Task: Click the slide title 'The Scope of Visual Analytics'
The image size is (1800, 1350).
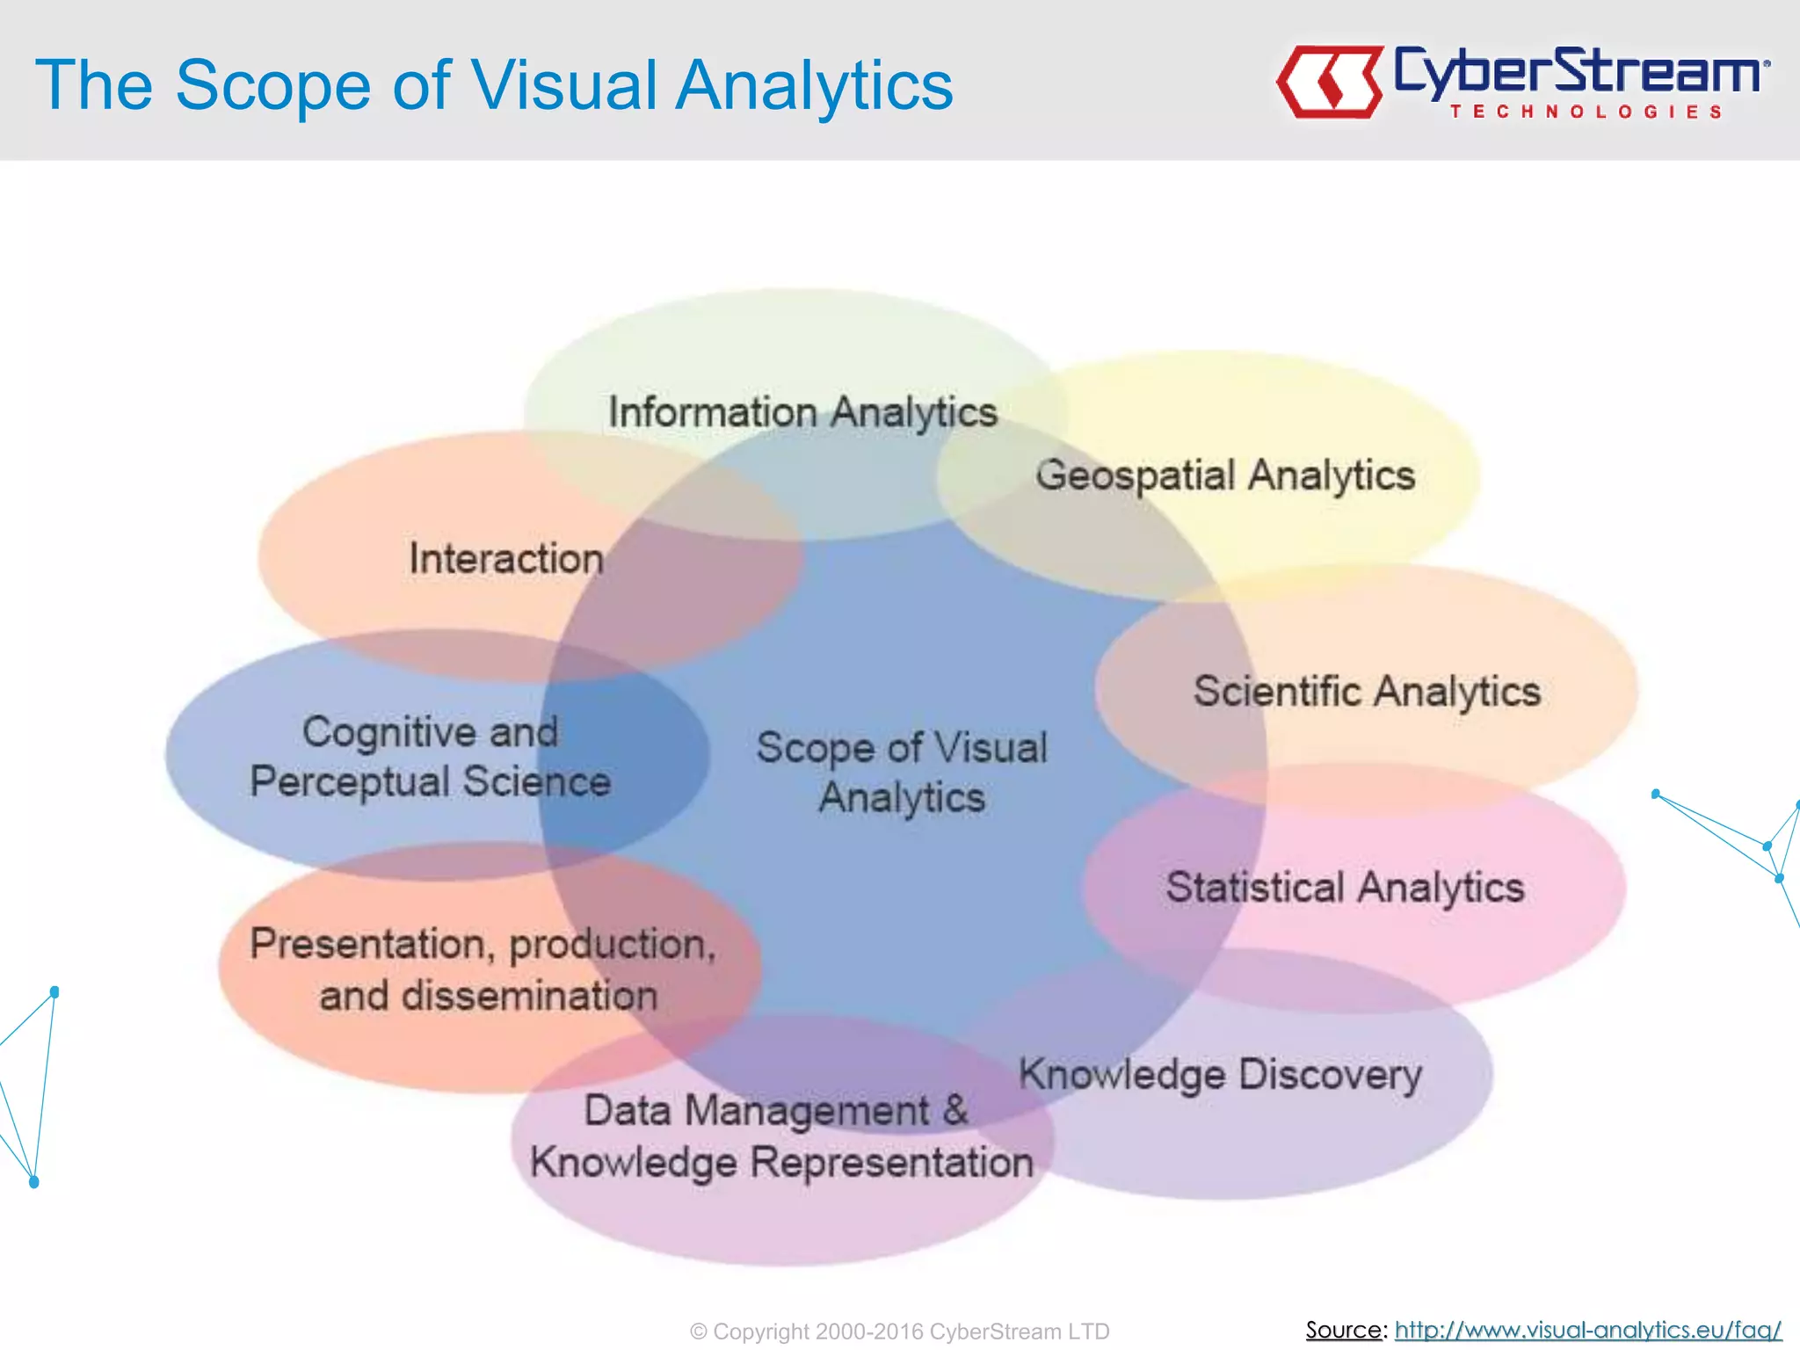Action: (x=494, y=85)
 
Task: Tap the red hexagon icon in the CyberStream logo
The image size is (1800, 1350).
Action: (x=1330, y=82)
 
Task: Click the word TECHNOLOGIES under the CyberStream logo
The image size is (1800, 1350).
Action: (x=1586, y=112)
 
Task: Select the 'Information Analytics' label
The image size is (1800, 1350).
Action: (x=802, y=411)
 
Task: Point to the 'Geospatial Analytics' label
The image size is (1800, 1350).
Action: (x=1225, y=475)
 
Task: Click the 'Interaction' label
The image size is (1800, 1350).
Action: (x=506, y=559)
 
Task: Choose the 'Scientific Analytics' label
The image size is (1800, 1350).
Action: (x=1367, y=691)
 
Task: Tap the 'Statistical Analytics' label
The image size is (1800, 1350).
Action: (x=1345, y=887)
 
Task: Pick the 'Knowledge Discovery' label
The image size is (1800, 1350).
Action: (x=1220, y=1074)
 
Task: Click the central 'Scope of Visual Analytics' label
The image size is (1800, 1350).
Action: (x=902, y=772)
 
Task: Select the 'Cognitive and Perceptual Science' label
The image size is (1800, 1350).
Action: (x=430, y=756)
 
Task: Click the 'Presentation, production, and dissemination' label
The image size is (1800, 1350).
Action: (x=483, y=969)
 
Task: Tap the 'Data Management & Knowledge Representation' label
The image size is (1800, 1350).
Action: (x=780, y=1136)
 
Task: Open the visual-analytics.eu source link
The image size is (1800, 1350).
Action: (x=1587, y=1330)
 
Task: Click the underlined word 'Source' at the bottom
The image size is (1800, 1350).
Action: (x=1344, y=1330)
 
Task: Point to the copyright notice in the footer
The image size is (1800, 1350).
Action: (x=899, y=1332)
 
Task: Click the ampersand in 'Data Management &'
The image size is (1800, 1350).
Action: (x=955, y=1109)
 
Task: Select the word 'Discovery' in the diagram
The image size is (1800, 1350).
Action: (x=1330, y=1074)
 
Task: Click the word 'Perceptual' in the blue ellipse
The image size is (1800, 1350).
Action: (x=349, y=781)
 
